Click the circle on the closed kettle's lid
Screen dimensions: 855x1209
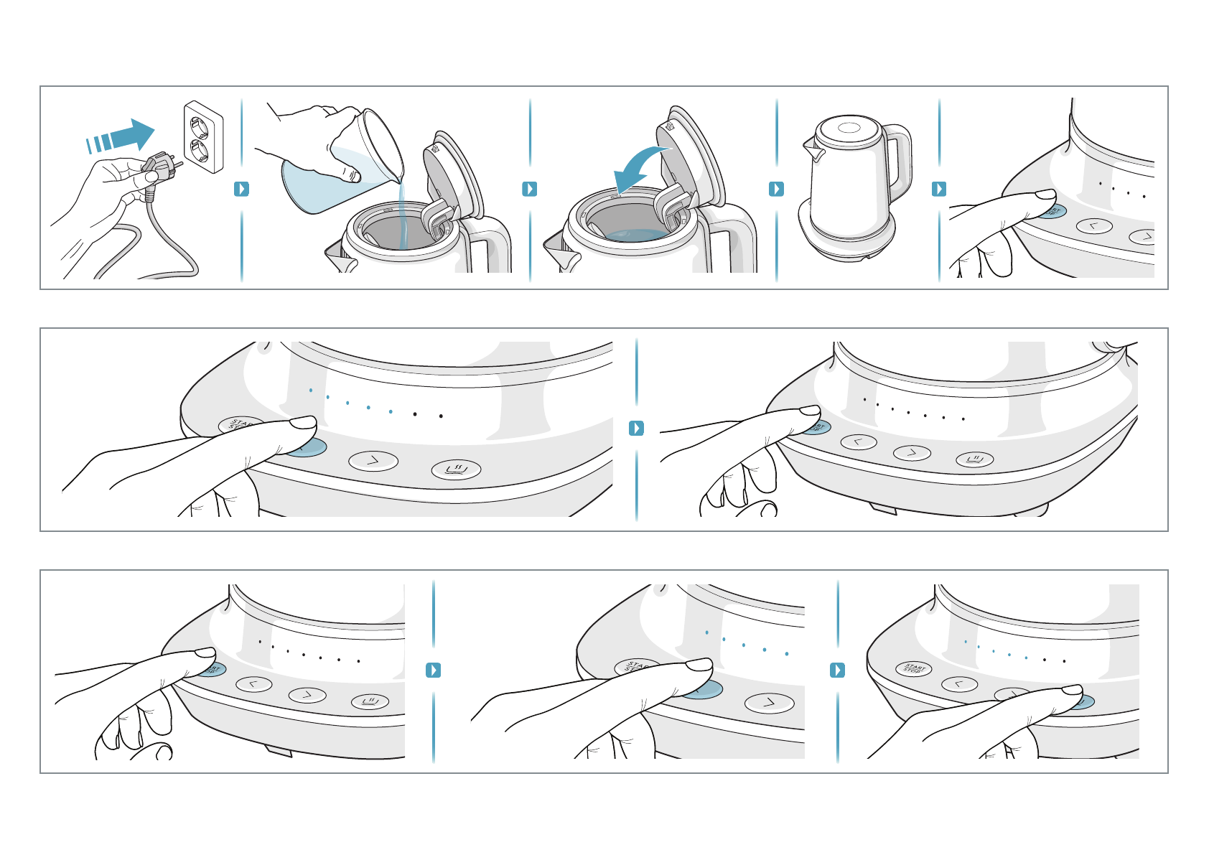(x=847, y=129)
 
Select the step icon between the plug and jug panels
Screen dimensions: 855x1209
(x=242, y=189)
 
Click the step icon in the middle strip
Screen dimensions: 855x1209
(x=636, y=428)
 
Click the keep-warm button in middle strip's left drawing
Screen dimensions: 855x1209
(x=456, y=470)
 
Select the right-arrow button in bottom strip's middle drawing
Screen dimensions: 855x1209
(x=769, y=703)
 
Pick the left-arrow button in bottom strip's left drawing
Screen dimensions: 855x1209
(x=254, y=684)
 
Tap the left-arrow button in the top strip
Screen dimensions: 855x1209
(x=1094, y=226)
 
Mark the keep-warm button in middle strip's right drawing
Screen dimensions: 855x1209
(x=974, y=459)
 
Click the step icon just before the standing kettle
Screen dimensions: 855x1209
(x=776, y=189)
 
